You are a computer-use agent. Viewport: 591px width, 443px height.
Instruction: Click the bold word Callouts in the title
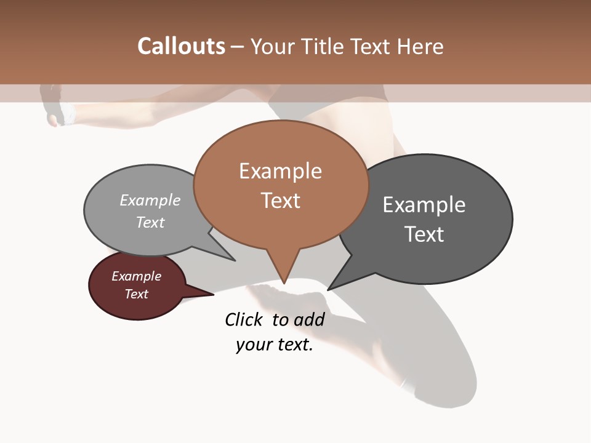pyautogui.click(x=181, y=46)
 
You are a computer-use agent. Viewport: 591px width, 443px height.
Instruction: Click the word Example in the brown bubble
pyautogui.click(x=280, y=171)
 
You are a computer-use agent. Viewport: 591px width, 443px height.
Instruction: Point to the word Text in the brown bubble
pyautogui.click(x=280, y=201)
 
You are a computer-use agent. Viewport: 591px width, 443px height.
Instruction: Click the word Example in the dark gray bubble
pyautogui.click(x=424, y=204)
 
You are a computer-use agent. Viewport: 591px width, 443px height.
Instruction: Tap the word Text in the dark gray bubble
pyautogui.click(x=424, y=234)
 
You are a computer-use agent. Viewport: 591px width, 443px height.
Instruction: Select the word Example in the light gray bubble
pyautogui.click(x=150, y=200)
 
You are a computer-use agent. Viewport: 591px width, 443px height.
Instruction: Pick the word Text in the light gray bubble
pyautogui.click(x=150, y=222)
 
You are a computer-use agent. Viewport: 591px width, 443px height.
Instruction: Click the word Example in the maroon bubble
pyautogui.click(x=136, y=276)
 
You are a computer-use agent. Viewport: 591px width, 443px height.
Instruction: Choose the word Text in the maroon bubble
pyautogui.click(x=136, y=294)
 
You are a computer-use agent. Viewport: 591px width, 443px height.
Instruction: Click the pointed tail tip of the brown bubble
pyautogui.click(x=284, y=282)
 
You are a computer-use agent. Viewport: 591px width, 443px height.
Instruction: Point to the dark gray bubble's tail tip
pyautogui.click(x=329, y=289)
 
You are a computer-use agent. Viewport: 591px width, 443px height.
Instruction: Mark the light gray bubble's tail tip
pyautogui.click(x=234, y=260)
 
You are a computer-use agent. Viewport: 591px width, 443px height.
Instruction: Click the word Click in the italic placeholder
pyautogui.click(x=243, y=319)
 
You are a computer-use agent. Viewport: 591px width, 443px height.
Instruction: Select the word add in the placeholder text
pyautogui.click(x=308, y=319)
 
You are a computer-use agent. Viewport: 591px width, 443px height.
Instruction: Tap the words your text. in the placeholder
pyautogui.click(x=274, y=345)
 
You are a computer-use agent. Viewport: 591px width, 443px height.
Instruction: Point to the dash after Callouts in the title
pyautogui.click(x=237, y=46)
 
